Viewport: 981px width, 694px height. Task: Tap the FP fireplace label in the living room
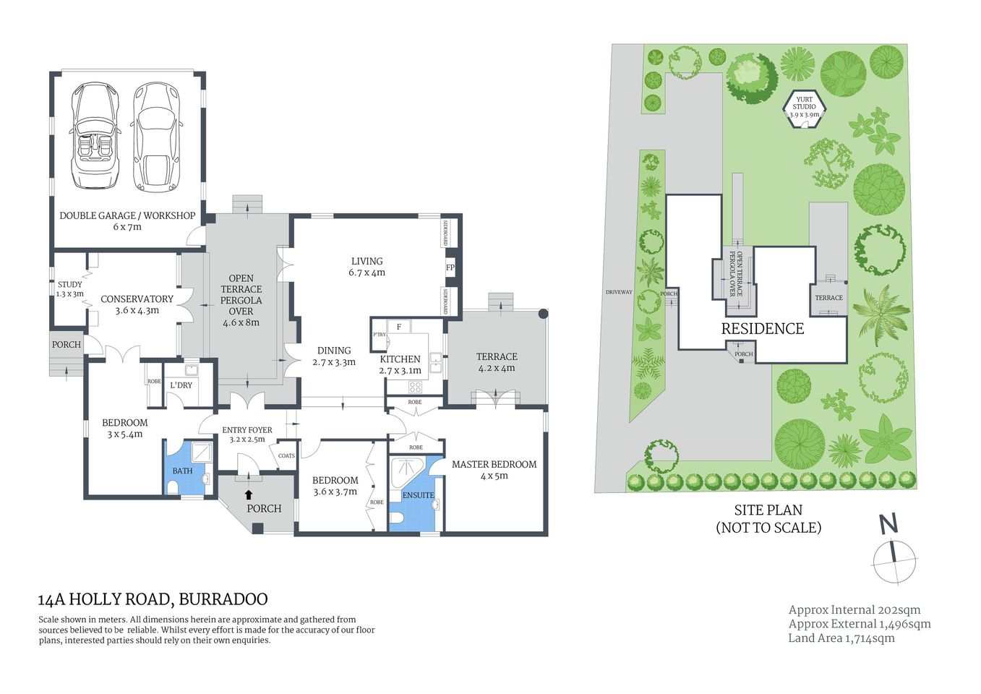click(450, 267)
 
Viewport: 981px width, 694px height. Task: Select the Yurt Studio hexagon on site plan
click(804, 107)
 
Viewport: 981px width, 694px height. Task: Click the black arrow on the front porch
click(249, 494)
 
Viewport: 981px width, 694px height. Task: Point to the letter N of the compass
click(888, 523)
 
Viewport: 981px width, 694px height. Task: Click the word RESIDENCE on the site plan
click(762, 329)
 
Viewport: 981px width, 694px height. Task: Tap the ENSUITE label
click(418, 495)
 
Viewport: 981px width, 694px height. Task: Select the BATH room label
click(182, 471)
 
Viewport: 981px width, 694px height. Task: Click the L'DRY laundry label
click(181, 385)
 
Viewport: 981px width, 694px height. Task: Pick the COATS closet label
click(286, 455)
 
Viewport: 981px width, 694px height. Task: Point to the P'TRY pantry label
click(379, 335)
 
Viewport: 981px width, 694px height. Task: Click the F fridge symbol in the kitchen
click(398, 327)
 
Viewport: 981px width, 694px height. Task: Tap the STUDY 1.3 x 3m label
click(70, 289)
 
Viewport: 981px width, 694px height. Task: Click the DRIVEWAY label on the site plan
click(619, 292)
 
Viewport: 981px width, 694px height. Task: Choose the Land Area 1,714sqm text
click(841, 638)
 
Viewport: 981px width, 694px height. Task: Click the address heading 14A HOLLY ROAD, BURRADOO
click(153, 599)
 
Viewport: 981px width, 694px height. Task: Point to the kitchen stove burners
click(415, 387)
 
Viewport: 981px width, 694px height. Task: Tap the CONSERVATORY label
click(137, 299)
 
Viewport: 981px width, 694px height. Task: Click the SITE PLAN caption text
click(768, 510)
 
